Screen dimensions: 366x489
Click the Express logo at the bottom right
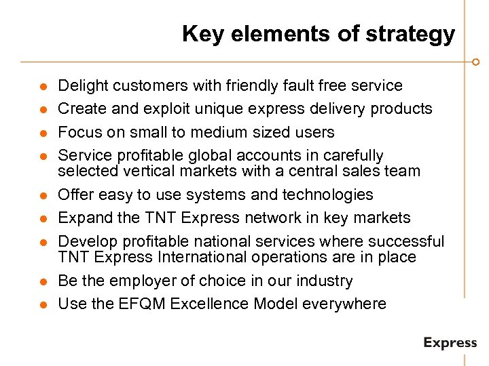[x=450, y=343]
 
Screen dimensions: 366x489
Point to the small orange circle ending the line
[x=475, y=62]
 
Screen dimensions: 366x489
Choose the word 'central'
[x=310, y=171]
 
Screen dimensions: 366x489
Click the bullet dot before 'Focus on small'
[x=43, y=133]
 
